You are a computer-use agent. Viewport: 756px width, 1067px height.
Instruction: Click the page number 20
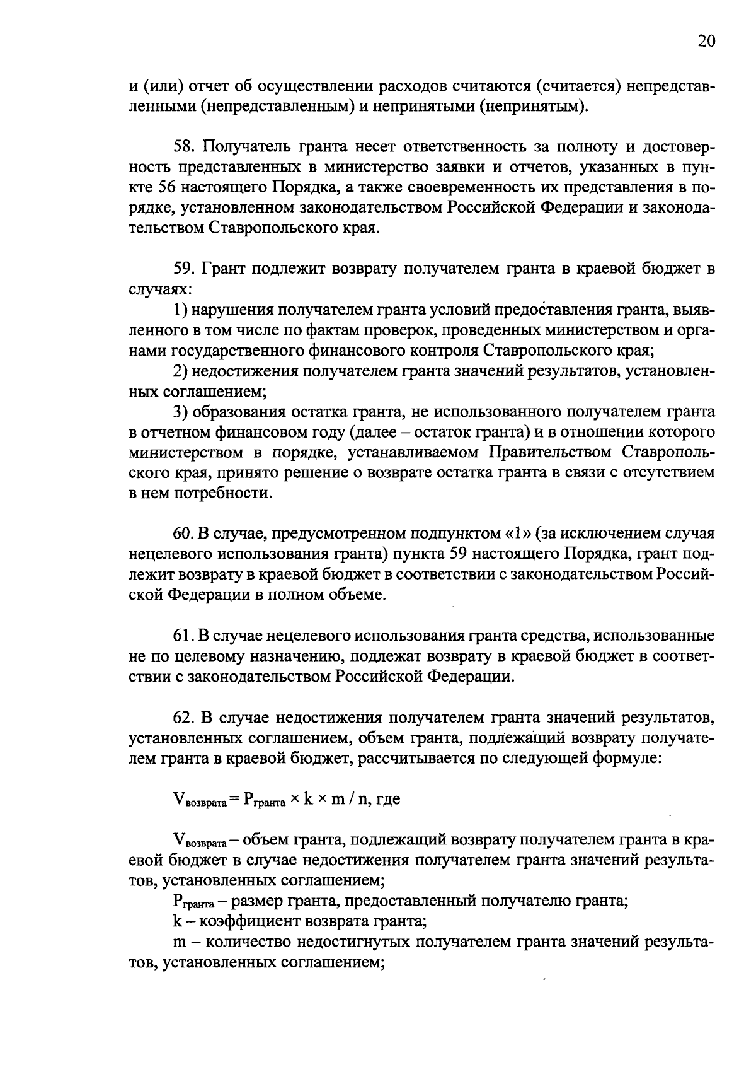pos(706,42)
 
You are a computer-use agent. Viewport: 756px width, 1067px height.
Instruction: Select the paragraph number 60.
pos(183,534)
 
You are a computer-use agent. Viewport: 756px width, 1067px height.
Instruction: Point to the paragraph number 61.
pos(182,636)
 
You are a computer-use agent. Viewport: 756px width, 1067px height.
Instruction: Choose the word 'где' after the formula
pos(388,800)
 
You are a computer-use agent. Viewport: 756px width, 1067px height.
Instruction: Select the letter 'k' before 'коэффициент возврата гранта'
pos(176,922)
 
